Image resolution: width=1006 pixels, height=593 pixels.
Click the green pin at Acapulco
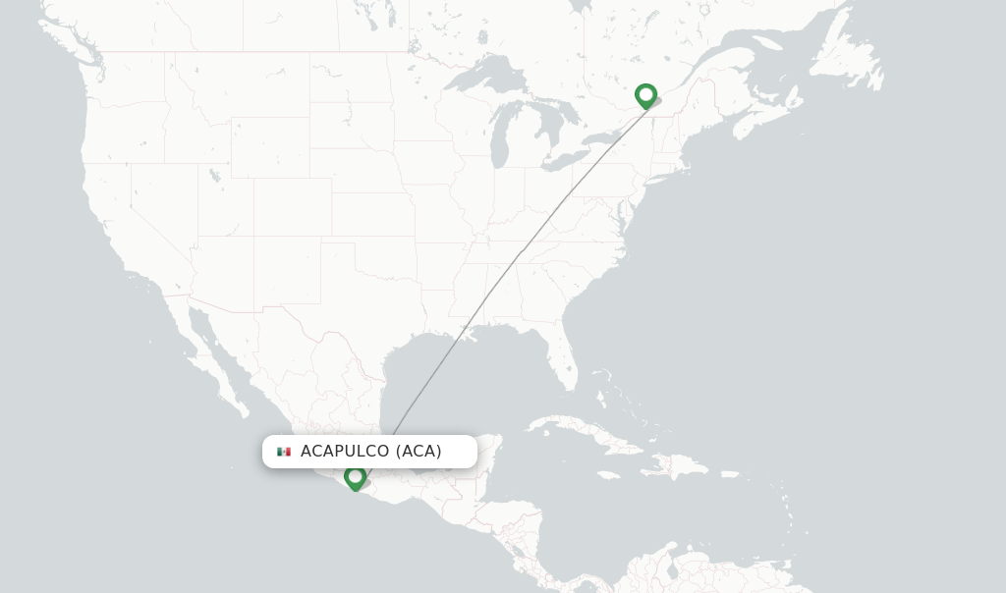click(x=356, y=477)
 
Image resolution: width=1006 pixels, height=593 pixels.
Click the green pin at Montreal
click(x=645, y=95)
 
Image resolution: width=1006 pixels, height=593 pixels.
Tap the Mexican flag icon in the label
click(x=284, y=452)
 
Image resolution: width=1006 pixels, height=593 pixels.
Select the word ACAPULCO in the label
click(x=345, y=452)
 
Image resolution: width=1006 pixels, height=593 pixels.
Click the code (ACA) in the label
click(x=419, y=452)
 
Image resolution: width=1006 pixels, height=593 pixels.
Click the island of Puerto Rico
click(x=731, y=474)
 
